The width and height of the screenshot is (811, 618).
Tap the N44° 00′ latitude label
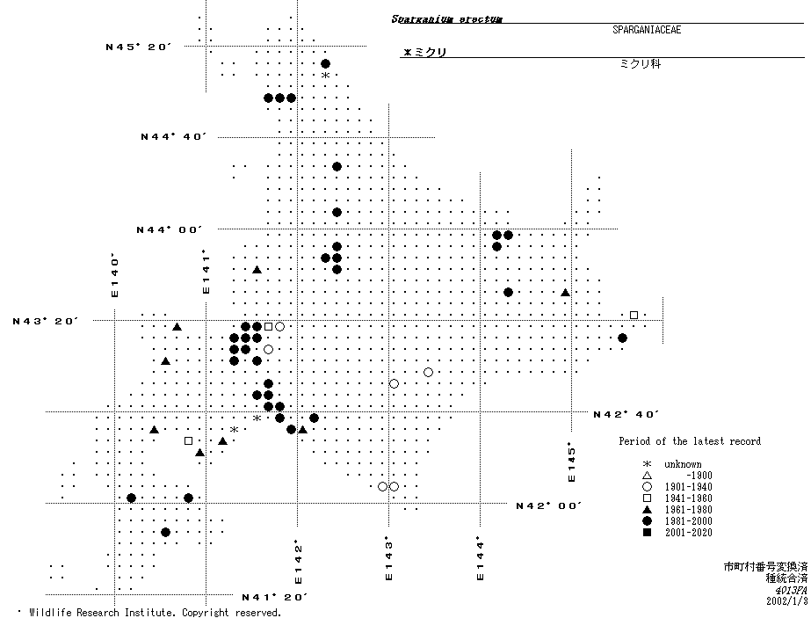point(169,229)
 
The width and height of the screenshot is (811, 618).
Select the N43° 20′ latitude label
point(45,321)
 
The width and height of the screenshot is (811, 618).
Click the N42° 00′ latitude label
point(548,505)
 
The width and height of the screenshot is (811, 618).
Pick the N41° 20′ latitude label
point(274,597)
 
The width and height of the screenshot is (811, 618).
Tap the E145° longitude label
point(571,462)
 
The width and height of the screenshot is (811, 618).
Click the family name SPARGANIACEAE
point(647,30)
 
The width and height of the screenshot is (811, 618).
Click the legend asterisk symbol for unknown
point(647,464)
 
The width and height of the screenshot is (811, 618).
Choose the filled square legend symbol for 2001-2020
point(647,533)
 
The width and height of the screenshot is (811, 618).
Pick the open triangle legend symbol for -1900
point(647,476)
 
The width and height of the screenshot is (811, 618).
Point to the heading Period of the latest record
point(689,441)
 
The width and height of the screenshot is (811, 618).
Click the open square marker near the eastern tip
point(634,315)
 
